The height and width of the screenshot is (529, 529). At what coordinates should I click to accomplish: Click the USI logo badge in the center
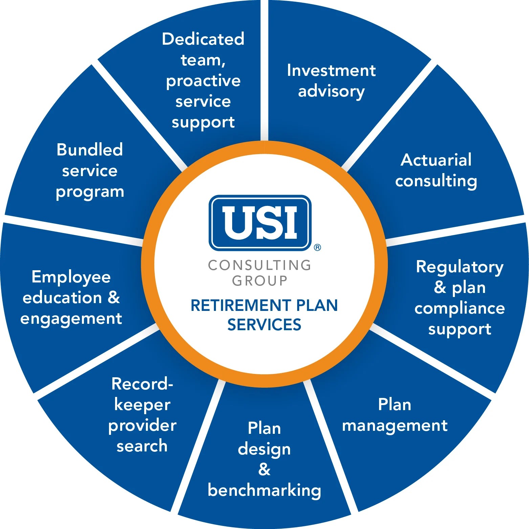[x=260, y=223]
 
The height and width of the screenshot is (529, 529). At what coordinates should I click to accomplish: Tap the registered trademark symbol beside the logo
[x=317, y=248]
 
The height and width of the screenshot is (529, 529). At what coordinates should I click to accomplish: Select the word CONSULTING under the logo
[x=260, y=265]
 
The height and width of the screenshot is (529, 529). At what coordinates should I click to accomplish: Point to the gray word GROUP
[x=260, y=281]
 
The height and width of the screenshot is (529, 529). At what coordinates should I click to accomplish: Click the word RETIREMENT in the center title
[x=241, y=305]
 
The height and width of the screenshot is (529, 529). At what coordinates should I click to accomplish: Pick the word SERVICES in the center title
[x=264, y=325]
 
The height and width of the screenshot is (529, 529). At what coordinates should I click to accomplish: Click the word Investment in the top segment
[x=331, y=70]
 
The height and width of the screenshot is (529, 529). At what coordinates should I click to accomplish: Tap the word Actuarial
[x=436, y=160]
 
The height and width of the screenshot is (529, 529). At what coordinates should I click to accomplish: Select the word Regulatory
[x=460, y=267]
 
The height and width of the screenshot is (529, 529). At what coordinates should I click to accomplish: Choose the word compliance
[x=460, y=309]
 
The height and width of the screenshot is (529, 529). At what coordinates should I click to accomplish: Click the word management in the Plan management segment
[x=395, y=425]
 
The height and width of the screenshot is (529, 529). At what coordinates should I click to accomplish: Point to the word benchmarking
[x=264, y=490]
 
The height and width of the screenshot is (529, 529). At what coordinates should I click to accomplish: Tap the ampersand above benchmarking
[x=264, y=469]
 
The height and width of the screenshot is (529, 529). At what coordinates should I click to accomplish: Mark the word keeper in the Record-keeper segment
[x=142, y=405]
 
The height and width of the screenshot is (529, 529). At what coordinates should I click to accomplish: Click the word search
[x=142, y=446]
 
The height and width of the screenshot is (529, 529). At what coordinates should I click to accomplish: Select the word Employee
[x=71, y=277]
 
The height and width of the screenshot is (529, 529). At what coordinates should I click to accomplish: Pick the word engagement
[x=71, y=319]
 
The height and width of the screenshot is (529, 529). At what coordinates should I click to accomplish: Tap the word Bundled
[x=90, y=150]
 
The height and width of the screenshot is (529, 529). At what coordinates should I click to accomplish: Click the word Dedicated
[x=203, y=39]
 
